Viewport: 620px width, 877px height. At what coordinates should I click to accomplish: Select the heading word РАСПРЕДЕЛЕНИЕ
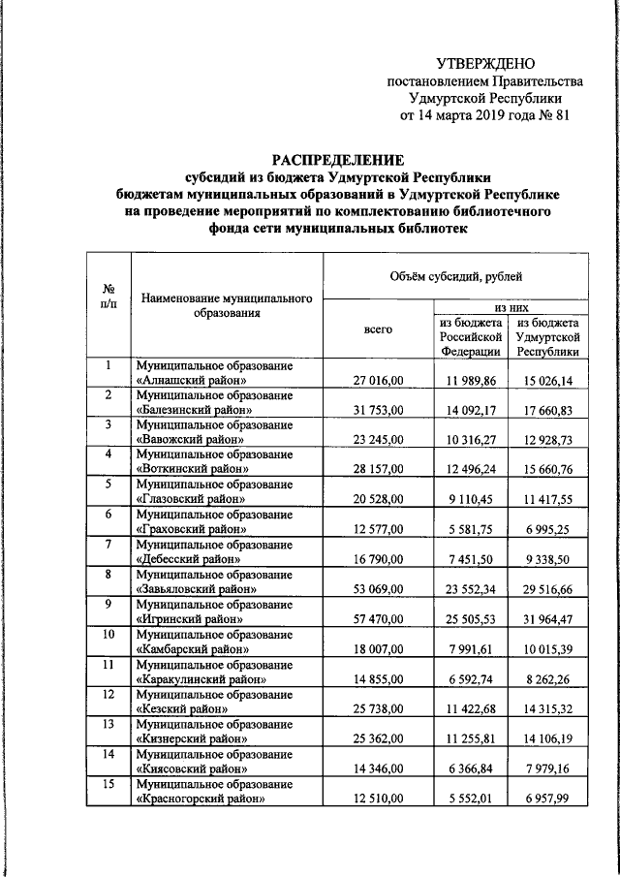coord(336,161)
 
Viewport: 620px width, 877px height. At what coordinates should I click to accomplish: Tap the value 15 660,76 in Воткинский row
coord(548,469)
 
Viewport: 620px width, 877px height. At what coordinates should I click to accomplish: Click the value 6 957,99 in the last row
coord(548,799)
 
